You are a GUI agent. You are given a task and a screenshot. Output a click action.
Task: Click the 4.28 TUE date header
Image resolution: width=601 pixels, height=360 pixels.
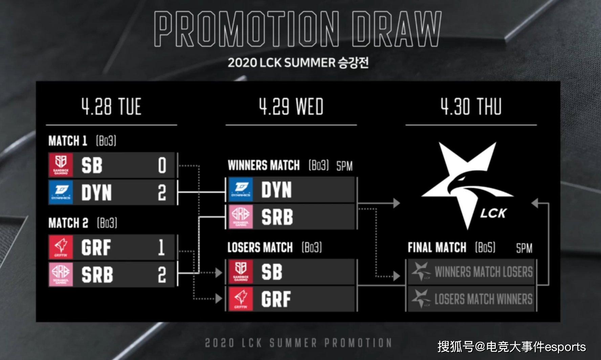click(x=111, y=107)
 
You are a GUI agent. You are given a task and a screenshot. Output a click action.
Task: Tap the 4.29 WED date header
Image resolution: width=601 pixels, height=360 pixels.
click(x=291, y=107)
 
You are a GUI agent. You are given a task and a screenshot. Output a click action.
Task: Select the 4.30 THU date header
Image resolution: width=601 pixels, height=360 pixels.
click(x=471, y=107)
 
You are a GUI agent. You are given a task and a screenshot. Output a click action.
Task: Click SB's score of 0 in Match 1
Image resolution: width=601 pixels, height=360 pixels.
click(x=162, y=165)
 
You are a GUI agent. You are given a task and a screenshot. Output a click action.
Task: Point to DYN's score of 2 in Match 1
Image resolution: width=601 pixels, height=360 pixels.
click(x=162, y=193)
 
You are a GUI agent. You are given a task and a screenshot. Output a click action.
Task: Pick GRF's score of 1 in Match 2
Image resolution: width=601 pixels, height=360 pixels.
click(x=162, y=248)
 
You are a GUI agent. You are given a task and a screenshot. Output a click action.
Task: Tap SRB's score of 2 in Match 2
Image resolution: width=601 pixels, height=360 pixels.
click(x=162, y=275)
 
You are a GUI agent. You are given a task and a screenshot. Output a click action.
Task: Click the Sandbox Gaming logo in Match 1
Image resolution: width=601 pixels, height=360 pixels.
click(x=61, y=165)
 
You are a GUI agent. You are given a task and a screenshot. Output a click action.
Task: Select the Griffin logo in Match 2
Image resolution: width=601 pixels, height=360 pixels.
click(x=61, y=247)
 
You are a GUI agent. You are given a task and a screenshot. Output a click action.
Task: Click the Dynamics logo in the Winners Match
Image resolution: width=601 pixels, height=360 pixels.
click(x=241, y=190)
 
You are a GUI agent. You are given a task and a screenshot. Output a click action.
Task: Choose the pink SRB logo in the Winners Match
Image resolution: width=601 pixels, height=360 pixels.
click(x=241, y=217)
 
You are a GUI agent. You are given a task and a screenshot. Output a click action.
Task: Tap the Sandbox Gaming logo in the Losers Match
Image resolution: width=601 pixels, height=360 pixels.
click(x=241, y=272)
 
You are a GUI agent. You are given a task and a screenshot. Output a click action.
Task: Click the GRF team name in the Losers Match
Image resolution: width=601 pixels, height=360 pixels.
click(x=276, y=299)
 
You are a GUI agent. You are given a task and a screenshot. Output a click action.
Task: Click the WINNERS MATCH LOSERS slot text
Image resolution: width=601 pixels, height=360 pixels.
click(x=484, y=272)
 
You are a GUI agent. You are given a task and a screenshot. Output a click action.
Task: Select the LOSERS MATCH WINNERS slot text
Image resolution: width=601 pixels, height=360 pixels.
click(x=484, y=299)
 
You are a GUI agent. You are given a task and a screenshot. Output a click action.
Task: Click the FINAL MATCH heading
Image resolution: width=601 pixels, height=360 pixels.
click(x=437, y=248)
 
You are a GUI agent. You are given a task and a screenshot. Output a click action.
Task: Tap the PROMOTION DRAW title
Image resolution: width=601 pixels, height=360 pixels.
click(x=298, y=29)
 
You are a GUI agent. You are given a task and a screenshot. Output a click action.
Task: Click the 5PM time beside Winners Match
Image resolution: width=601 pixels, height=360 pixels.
click(x=344, y=166)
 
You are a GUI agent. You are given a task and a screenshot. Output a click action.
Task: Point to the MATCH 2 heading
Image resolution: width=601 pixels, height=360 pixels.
click(x=68, y=223)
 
